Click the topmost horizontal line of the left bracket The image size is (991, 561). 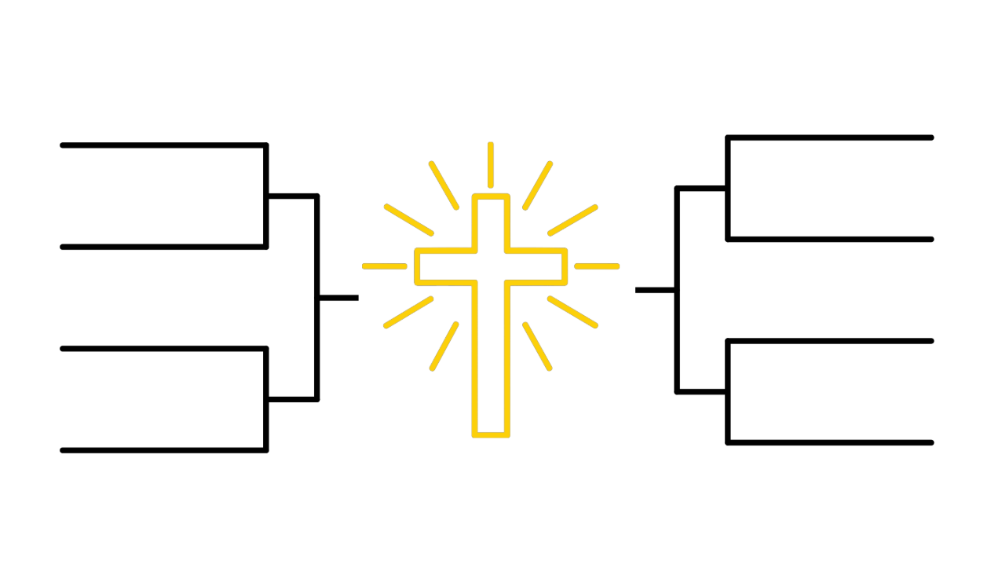tap(163, 145)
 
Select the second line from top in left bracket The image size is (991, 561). tap(163, 247)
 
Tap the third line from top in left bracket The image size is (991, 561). tap(163, 348)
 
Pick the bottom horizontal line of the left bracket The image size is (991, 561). tap(163, 450)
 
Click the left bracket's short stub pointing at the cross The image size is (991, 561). tap(338, 298)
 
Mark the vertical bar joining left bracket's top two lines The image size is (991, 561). tap(266, 196)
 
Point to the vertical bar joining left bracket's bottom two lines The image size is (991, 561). tap(266, 399)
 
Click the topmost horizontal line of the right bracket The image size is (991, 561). tap(829, 137)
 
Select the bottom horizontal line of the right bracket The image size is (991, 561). tap(829, 442)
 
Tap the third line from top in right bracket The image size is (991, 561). tap(829, 341)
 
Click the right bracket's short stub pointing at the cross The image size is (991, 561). tap(655, 290)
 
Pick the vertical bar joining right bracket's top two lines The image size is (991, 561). tap(728, 189)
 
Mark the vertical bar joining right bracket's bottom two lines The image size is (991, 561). tap(728, 391)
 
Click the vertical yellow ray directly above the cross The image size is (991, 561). tap(491, 165)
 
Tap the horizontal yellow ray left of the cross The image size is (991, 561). tap(385, 266)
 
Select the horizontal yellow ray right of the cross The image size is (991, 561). tap(597, 266)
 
